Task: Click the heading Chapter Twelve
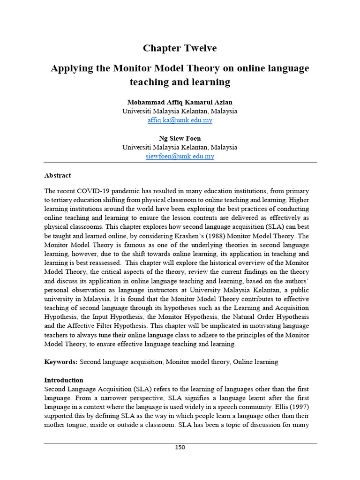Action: pos(180,48)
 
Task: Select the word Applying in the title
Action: pos(69,68)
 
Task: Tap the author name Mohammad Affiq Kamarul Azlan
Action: pos(180,102)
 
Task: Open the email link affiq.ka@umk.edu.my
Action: pos(180,120)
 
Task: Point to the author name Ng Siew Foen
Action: pos(180,138)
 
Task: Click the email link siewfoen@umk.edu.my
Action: pos(180,156)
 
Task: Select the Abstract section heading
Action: pos(58,175)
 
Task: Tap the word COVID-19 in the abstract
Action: pos(98,191)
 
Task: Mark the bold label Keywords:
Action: pos(61,362)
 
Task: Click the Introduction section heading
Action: pos(64,380)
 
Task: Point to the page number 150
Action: pos(180,447)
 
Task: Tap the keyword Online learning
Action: pos(255,362)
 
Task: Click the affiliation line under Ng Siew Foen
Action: pos(180,147)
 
